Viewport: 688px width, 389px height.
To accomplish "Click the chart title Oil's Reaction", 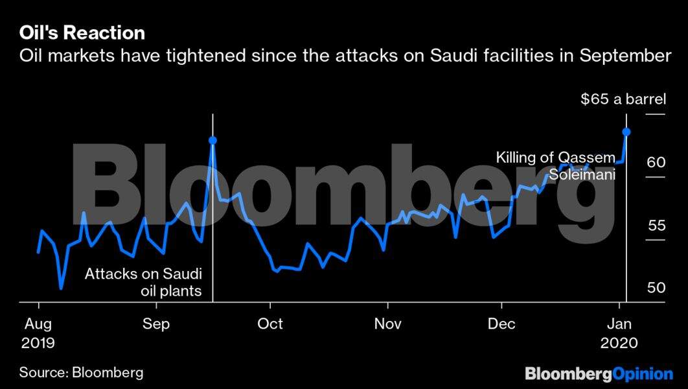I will click(x=82, y=32).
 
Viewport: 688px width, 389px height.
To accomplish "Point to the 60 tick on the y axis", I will click(x=656, y=161).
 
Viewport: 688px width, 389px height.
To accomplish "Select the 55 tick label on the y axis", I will click(x=656, y=226).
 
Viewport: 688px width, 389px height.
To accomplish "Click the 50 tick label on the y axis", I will click(x=656, y=287).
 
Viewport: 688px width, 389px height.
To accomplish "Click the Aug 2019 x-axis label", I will click(x=38, y=333).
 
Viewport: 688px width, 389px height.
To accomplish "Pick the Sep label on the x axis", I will click(x=155, y=323).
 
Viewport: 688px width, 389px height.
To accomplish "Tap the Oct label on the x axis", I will click(x=270, y=323).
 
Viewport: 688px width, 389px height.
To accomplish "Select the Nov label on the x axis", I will click(x=387, y=323).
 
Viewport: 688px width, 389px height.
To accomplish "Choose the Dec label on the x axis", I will click(x=501, y=323).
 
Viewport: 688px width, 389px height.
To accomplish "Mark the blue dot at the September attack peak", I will click(x=212, y=140).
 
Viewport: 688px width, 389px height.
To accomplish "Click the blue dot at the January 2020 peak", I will click(x=626, y=132).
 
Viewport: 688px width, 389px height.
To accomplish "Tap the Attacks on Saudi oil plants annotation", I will click(x=143, y=282).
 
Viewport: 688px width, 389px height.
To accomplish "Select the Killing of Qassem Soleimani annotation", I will click(x=555, y=166).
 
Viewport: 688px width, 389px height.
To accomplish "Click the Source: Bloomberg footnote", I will click(x=81, y=373).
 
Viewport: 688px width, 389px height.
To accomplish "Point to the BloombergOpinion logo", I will click(x=599, y=373).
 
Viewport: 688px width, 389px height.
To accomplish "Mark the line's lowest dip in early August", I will click(x=61, y=288).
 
